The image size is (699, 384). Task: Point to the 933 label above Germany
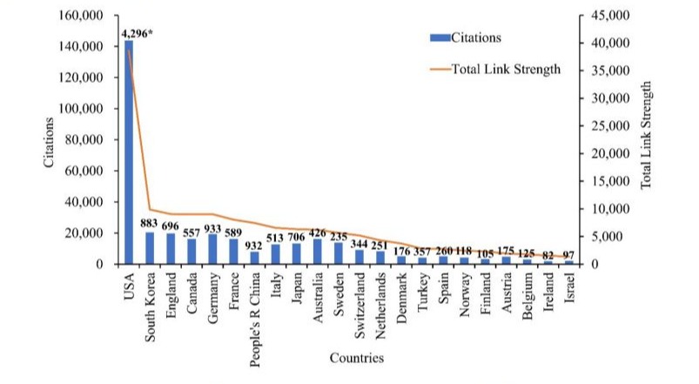[214, 226]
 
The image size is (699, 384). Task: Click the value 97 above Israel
[568, 253]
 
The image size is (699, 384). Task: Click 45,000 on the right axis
[607, 16]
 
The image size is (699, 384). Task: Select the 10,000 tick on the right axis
[607, 209]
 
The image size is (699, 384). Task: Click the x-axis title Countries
[357, 358]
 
